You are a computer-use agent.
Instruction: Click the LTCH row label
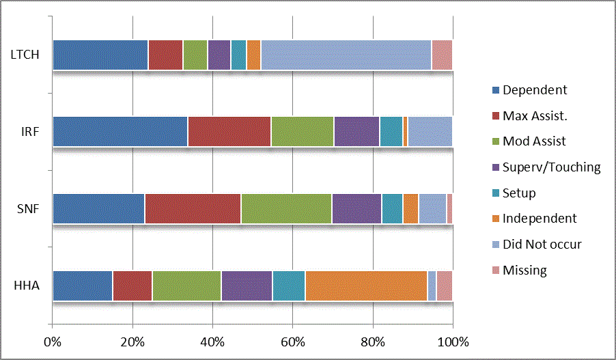click(x=24, y=55)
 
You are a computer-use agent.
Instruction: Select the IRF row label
click(x=29, y=131)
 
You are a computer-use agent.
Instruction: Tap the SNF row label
click(x=27, y=208)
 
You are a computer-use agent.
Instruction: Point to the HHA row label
click(x=27, y=285)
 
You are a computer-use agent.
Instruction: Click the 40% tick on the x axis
click(x=212, y=341)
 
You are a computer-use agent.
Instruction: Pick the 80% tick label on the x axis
click(x=373, y=341)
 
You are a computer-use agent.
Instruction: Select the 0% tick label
click(x=53, y=341)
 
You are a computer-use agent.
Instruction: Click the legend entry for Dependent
click(x=534, y=90)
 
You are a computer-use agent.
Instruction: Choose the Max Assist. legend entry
click(x=535, y=115)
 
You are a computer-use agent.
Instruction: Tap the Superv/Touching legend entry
click(x=551, y=167)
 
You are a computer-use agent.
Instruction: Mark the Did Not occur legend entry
click(x=542, y=245)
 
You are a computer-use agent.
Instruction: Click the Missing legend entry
click(x=524, y=271)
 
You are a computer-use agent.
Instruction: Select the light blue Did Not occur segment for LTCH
click(x=346, y=55)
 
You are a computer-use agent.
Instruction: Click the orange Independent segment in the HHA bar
click(x=366, y=285)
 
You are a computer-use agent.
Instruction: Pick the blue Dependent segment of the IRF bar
click(x=120, y=131)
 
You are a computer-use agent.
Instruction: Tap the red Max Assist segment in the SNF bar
click(x=193, y=208)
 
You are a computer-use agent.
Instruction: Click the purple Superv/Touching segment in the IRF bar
click(x=356, y=131)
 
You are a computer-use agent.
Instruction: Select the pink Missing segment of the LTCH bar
click(x=442, y=55)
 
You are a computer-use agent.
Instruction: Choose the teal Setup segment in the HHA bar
click(x=289, y=285)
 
